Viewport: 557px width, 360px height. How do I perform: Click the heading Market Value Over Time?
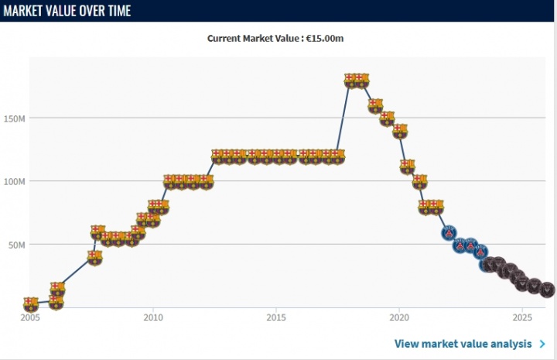[x=67, y=11]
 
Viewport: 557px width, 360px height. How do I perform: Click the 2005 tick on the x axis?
[x=30, y=317]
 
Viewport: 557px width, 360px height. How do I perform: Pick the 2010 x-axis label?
[x=153, y=317]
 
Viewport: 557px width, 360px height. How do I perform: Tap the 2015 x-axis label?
[x=276, y=317]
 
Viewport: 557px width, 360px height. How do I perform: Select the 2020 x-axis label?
[x=399, y=317]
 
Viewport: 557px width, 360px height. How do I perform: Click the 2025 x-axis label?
[x=522, y=317]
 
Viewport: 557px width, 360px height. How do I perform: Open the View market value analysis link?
[x=463, y=344]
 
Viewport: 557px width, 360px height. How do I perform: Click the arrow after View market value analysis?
[x=543, y=344]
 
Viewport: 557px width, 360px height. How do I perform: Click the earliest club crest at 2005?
[x=31, y=304]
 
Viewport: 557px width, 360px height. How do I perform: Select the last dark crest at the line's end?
[x=548, y=290]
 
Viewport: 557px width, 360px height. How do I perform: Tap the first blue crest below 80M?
[x=449, y=231]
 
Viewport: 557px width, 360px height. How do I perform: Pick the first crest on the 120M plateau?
[x=218, y=156]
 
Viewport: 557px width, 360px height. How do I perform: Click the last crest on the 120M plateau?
[x=337, y=156]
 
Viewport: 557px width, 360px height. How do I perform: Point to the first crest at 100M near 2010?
[x=169, y=182]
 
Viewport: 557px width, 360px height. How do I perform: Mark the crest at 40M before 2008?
[x=94, y=257]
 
